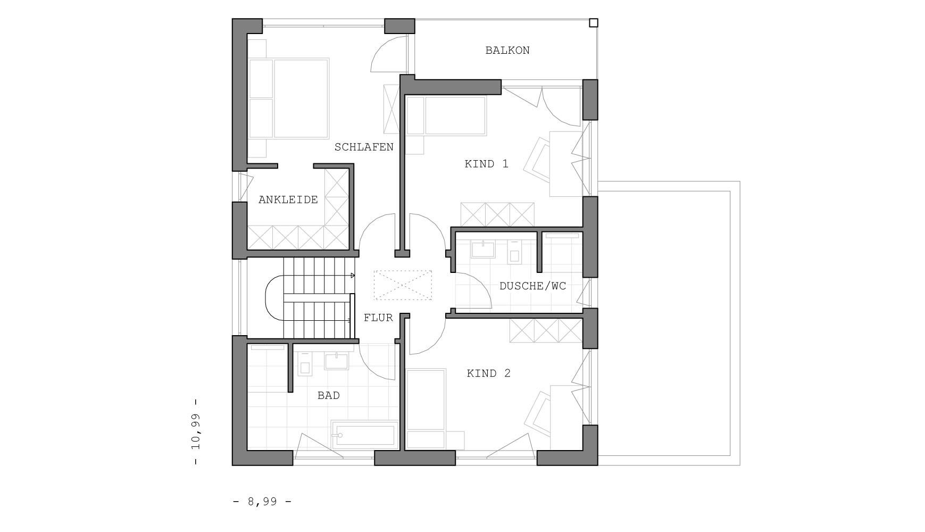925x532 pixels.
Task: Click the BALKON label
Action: pyautogui.click(x=507, y=51)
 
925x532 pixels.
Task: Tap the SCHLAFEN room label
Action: pyautogui.click(x=364, y=147)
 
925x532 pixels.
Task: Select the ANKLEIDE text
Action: pyautogui.click(x=288, y=200)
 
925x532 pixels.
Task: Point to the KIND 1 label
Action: pyautogui.click(x=486, y=164)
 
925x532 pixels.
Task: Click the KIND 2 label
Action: pyautogui.click(x=488, y=373)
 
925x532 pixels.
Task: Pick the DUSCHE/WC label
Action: pyautogui.click(x=532, y=286)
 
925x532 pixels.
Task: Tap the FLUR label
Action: pyautogui.click(x=378, y=318)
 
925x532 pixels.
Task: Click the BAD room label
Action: pyautogui.click(x=328, y=396)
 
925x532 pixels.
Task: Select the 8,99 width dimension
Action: pyautogui.click(x=262, y=502)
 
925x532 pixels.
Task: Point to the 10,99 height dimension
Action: pyautogui.click(x=196, y=431)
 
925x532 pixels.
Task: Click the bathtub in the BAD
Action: pyautogui.click(x=365, y=435)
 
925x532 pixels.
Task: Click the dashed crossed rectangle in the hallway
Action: pyautogui.click(x=403, y=285)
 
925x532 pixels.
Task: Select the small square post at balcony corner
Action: pyautogui.click(x=594, y=23)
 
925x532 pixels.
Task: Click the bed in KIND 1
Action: pyautogui.click(x=447, y=115)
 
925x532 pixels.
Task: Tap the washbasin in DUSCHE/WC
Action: pyautogui.click(x=483, y=249)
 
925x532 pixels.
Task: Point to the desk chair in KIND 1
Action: pyautogui.click(x=538, y=160)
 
